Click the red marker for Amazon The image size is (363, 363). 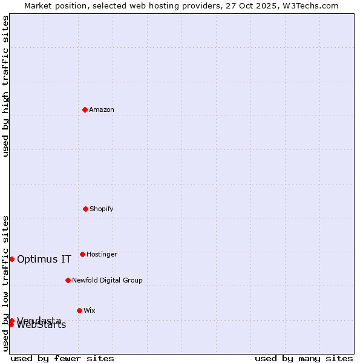(85, 110)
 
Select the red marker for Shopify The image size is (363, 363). (85, 209)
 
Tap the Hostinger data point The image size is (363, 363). (82, 254)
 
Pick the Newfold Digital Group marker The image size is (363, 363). (68, 280)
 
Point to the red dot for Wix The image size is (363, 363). (79, 310)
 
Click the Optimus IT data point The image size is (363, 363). (11, 259)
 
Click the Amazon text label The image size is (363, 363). (102, 110)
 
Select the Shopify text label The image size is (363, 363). (102, 209)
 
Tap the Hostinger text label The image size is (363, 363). (102, 254)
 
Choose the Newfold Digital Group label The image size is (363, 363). (107, 280)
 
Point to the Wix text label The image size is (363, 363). (90, 310)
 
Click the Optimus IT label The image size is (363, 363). (44, 259)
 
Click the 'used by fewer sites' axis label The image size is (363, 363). (62, 358)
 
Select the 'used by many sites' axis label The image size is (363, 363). (304, 358)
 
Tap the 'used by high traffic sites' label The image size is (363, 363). (5, 86)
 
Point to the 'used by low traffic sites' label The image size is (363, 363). (5, 283)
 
